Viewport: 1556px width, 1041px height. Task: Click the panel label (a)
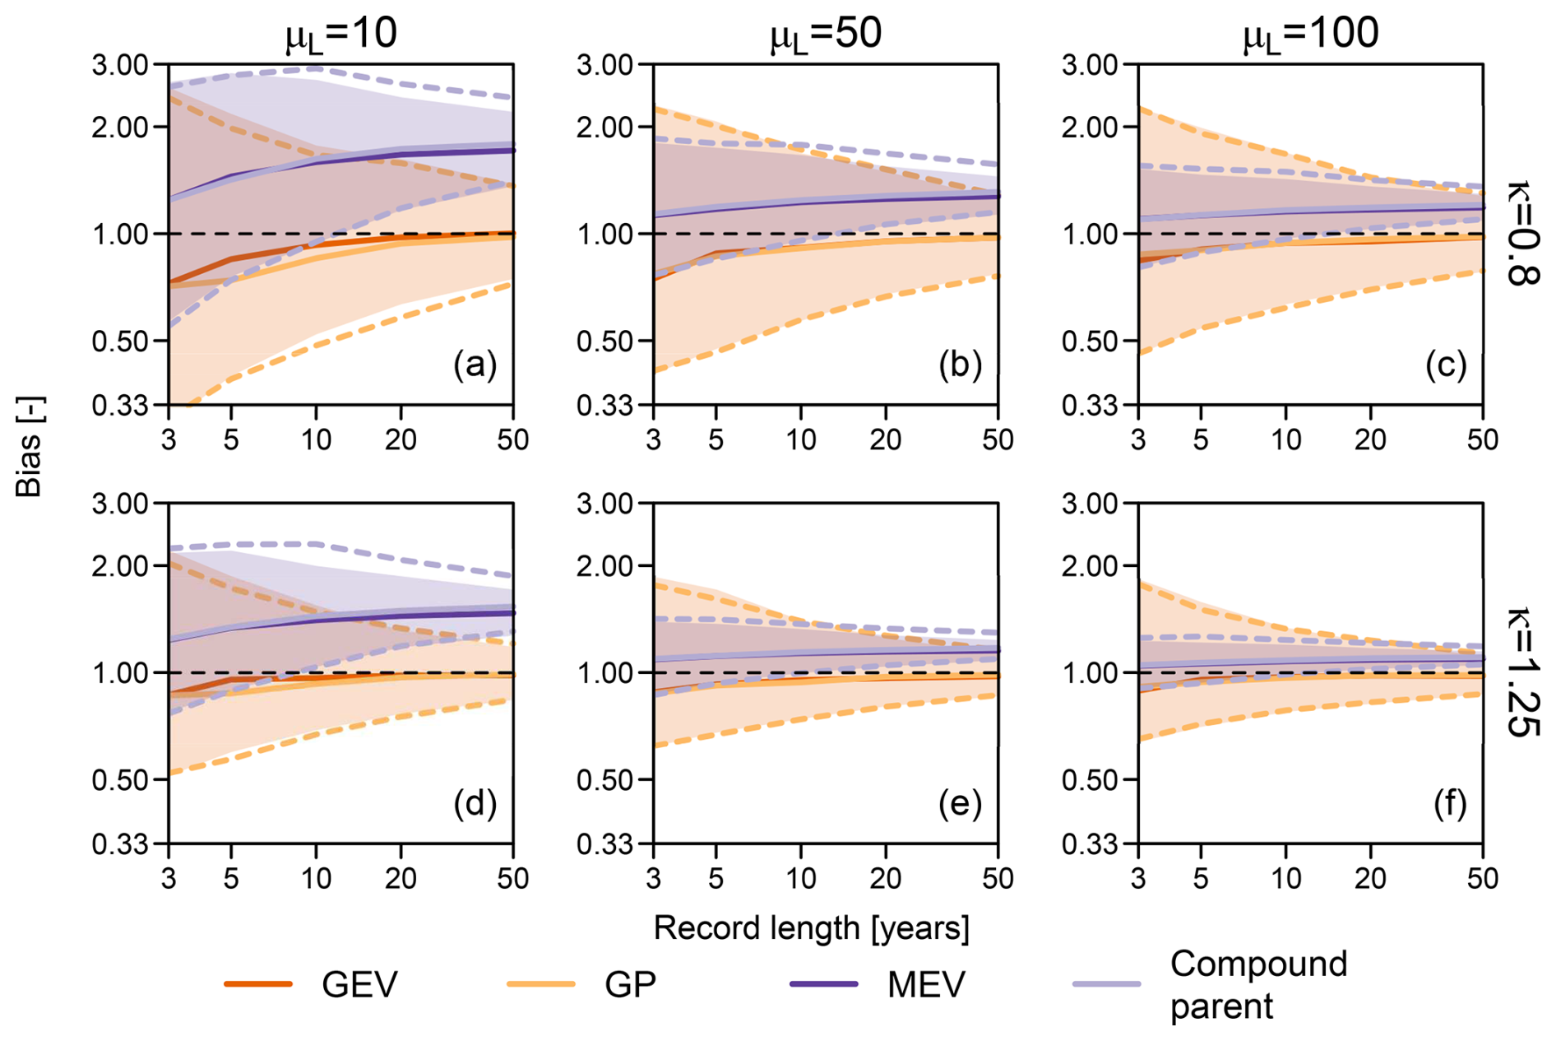475,364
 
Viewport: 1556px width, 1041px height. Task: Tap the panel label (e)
961,803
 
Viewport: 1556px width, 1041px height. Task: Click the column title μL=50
825,35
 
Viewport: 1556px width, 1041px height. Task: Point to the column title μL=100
1310,35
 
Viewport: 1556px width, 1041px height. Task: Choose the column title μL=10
340,35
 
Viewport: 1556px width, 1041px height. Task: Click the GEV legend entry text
359,984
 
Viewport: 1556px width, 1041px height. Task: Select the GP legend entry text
630,984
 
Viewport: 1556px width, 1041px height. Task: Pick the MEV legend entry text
926,984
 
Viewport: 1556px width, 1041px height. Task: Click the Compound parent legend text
1258,985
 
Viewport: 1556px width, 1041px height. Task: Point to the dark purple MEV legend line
823,984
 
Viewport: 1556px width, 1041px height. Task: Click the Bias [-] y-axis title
30,447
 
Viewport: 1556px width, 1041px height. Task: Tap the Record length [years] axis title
811,928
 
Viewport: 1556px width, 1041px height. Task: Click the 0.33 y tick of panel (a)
119,406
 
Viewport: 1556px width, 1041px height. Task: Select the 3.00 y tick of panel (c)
1090,64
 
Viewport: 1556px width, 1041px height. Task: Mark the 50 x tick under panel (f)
1483,879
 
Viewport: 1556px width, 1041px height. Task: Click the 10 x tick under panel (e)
801,879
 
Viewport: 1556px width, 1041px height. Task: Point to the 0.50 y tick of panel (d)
119,779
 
